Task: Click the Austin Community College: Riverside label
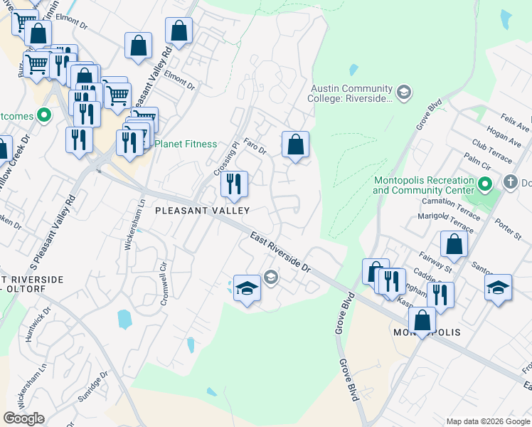click(351, 93)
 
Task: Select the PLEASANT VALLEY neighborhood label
click(203, 211)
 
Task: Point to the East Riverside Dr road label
click(281, 252)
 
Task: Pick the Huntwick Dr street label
click(38, 325)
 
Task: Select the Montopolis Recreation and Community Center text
click(423, 185)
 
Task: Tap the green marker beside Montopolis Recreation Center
click(486, 185)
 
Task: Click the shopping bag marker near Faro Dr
click(295, 144)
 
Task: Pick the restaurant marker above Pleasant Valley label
click(233, 184)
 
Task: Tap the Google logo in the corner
click(23, 418)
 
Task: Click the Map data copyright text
click(487, 421)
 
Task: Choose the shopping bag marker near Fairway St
click(454, 244)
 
